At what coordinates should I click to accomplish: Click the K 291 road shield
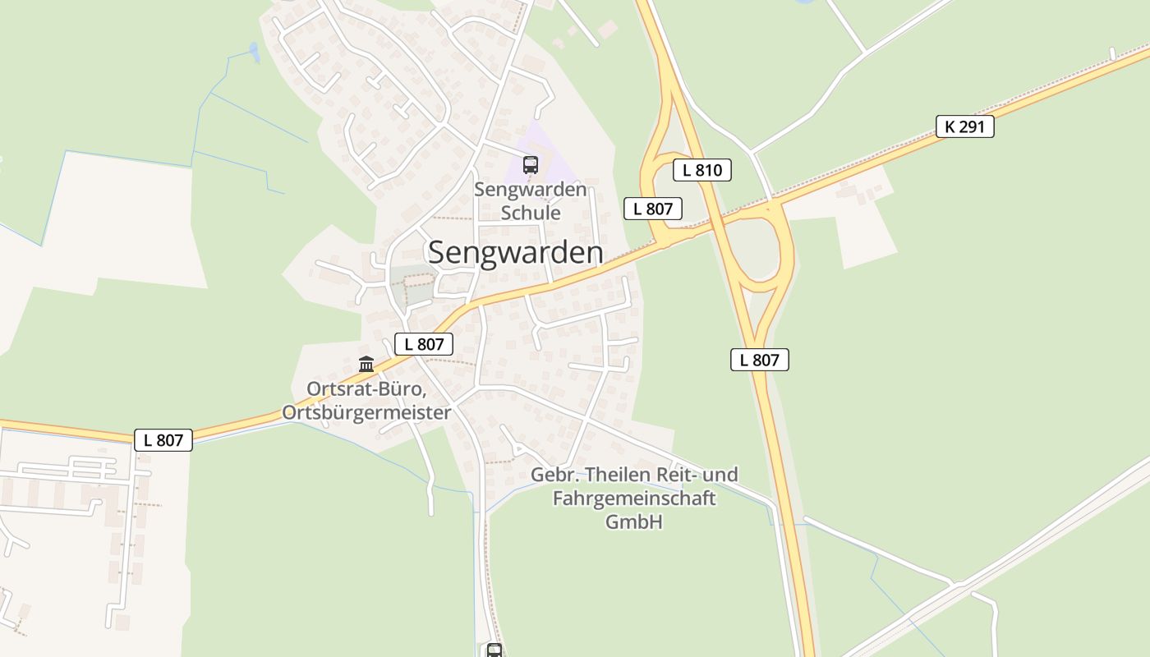pyautogui.click(x=964, y=126)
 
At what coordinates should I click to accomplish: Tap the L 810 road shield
pyautogui.click(x=701, y=170)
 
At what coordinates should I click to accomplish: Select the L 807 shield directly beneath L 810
pyautogui.click(x=653, y=209)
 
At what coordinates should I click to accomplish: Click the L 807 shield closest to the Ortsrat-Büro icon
pyautogui.click(x=424, y=344)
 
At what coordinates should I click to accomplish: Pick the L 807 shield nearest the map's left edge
pyautogui.click(x=163, y=440)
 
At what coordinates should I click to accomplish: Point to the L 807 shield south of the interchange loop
pyautogui.click(x=759, y=359)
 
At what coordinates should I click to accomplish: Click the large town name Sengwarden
pyautogui.click(x=515, y=252)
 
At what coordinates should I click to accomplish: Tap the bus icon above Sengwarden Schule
pyautogui.click(x=531, y=164)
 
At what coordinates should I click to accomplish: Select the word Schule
pyautogui.click(x=531, y=213)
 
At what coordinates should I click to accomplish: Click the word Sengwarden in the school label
pyautogui.click(x=531, y=190)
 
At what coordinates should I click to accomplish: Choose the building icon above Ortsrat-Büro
pyautogui.click(x=366, y=364)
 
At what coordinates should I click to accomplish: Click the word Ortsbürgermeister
pyautogui.click(x=366, y=412)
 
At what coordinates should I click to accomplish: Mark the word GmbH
pyautogui.click(x=633, y=521)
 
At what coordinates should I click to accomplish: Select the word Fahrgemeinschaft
pyautogui.click(x=633, y=498)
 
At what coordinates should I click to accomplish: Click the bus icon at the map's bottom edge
pyautogui.click(x=494, y=650)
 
